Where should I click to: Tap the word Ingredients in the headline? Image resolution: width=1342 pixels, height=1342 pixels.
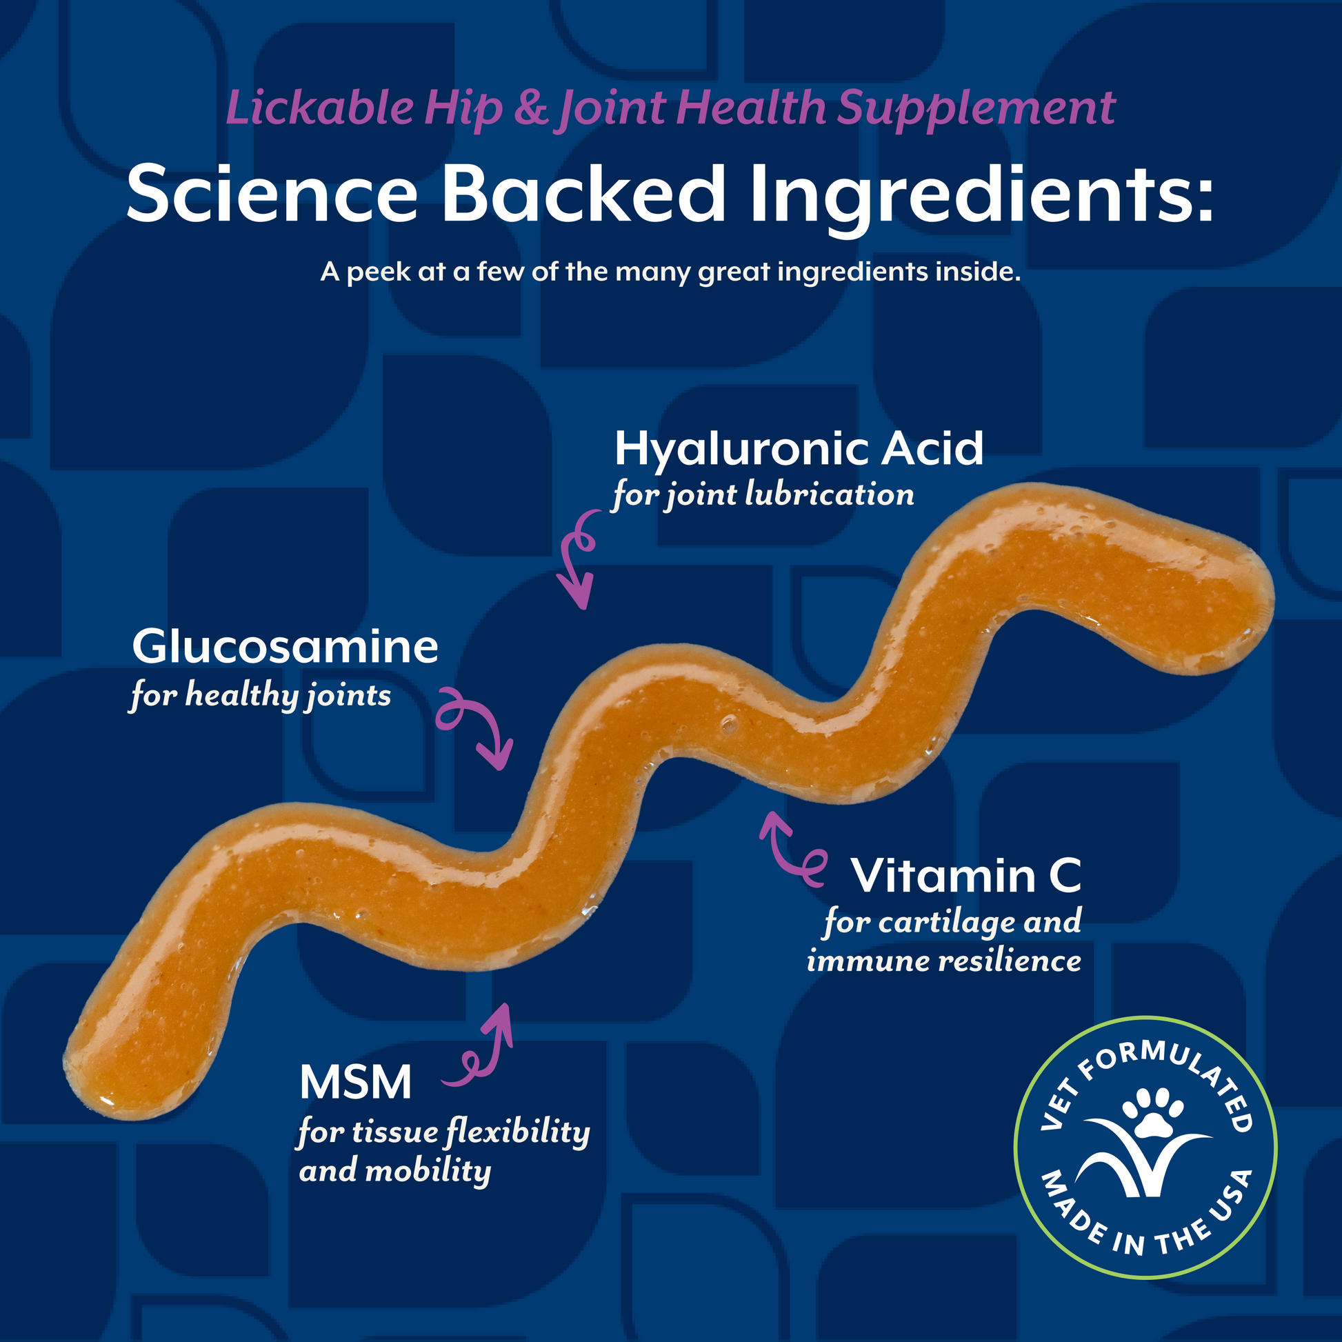979,194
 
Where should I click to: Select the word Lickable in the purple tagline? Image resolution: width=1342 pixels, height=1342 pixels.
319,108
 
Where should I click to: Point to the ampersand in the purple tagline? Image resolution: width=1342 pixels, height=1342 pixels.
532,108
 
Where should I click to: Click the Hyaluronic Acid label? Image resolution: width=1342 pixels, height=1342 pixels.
799,449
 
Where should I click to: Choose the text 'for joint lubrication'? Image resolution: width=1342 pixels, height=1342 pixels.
763,495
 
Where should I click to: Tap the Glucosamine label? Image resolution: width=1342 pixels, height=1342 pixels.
285,647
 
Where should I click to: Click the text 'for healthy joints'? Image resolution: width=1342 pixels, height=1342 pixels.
261,695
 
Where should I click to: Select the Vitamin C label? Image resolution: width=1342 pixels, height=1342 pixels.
966,876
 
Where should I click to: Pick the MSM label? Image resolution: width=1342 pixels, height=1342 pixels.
356,1082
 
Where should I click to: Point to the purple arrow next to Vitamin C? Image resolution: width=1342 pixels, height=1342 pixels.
790,851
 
